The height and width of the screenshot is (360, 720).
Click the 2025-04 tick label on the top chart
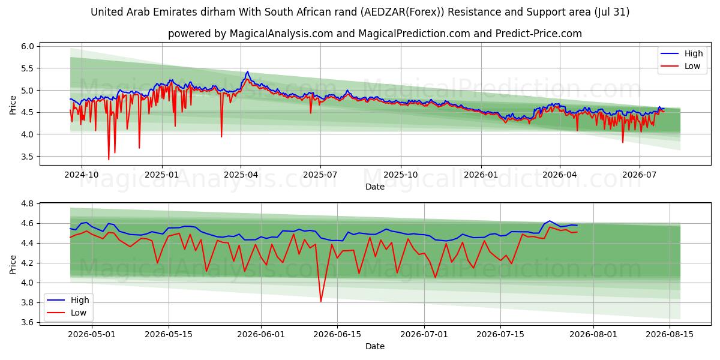tap(241, 175)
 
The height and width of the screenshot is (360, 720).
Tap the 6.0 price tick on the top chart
tap(28, 46)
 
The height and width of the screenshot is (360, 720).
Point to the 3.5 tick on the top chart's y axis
tap(28, 157)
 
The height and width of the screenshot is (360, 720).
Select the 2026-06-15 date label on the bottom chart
tap(337, 335)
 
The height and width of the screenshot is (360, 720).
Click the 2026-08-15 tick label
tap(670, 335)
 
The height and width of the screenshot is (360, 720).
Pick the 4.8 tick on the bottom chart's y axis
tap(28, 204)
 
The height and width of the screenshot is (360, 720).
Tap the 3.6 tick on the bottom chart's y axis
tap(28, 322)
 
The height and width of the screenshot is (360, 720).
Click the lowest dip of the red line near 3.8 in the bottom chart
tap(321, 301)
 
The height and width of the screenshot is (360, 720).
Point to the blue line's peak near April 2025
tap(247, 71)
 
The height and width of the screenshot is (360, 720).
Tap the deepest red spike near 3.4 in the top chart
tap(109, 159)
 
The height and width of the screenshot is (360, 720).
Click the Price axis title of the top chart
tap(13, 105)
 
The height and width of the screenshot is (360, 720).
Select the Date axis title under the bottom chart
tap(375, 347)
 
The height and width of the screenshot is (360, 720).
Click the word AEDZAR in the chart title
tap(380, 12)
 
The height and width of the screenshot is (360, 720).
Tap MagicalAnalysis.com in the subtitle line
tap(281, 34)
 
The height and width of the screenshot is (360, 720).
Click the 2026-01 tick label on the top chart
tap(481, 175)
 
